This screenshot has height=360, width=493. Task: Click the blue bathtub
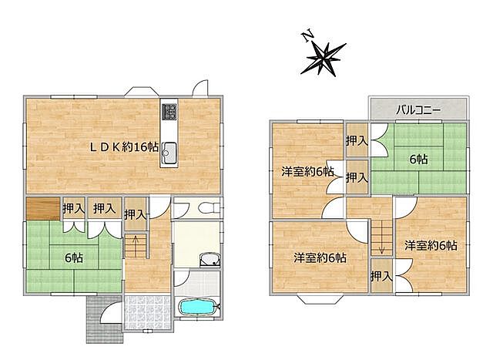197,306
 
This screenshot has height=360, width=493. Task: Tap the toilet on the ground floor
210,208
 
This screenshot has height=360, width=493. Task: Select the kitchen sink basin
169,153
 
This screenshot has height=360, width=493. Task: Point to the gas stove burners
169,112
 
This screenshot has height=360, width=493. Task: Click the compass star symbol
324,59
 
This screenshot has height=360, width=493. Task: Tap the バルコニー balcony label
418,110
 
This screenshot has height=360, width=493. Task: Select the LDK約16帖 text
124,147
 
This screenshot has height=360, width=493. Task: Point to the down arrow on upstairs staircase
381,245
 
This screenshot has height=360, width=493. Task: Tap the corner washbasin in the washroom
210,260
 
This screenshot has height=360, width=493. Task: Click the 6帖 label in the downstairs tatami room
74,258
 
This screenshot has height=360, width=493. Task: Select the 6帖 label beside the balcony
418,160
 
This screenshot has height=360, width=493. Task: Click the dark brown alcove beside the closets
43,208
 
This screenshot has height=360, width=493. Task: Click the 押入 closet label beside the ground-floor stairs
136,214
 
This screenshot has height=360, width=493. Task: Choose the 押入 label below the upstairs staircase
381,276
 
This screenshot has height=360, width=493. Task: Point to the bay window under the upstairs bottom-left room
320,298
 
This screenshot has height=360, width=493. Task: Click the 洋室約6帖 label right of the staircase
431,245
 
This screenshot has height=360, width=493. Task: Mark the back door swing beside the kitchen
200,88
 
